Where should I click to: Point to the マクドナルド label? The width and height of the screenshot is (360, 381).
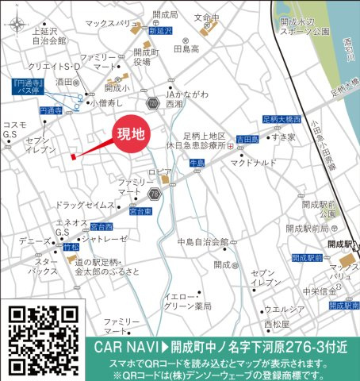pyautogui.click(x=252, y=164)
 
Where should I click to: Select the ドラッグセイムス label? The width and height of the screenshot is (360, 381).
pyautogui.click(x=86, y=205)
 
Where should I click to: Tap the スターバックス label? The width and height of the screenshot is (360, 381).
pyautogui.click(x=46, y=266)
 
